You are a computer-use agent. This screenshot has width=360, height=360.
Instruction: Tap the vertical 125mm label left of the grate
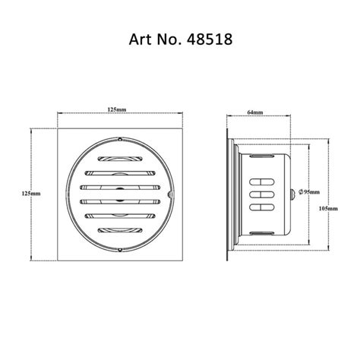click(x=30, y=192)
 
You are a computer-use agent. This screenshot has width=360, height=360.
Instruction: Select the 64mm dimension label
click(x=255, y=113)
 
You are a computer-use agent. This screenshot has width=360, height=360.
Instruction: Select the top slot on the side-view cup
click(x=262, y=182)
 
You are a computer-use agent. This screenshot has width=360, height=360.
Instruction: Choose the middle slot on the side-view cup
click(x=262, y=194)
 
